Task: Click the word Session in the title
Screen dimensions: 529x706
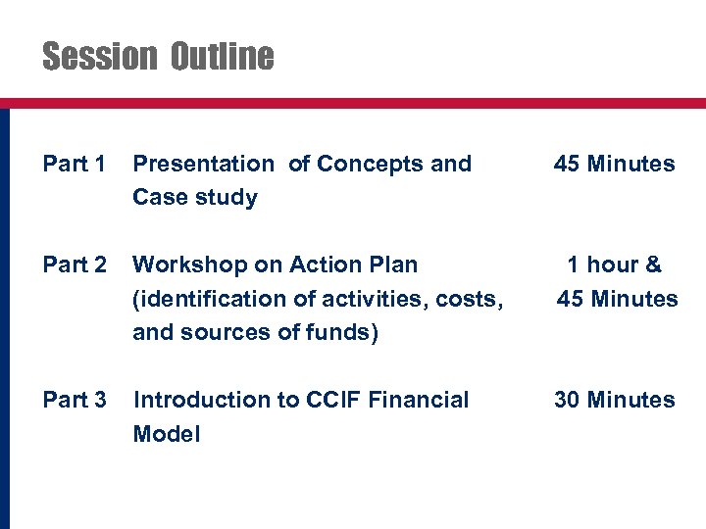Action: tap(99, 57)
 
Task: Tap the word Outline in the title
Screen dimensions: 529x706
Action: tap(222, 57)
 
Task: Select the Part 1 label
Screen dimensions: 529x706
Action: tap(75, 164)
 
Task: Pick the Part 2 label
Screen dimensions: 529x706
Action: tap(75, 264)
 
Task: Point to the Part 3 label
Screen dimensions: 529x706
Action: tap(75, 400)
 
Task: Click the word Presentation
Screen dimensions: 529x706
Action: tap(203, 164)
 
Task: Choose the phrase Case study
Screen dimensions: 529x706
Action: tap(195, 198)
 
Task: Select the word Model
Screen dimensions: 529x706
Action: tap(166, 434)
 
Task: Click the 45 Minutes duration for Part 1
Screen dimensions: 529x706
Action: tap(614, 164)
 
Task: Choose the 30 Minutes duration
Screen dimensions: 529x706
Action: tap(614, 400)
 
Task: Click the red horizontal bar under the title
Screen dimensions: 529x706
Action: tap(353, 102)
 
